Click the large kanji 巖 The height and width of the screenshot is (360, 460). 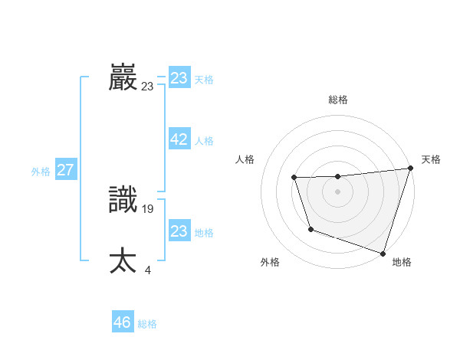click(x=123, y=77)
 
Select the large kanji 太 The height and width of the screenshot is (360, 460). click(x=123, y=260)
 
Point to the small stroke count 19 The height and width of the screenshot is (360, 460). click(x=148, y=208)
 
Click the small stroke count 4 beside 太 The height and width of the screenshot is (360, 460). click(x=147, y=269)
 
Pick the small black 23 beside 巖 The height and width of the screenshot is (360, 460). click(x=147, y=87)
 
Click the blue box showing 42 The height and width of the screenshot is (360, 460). click(x=179, y=139)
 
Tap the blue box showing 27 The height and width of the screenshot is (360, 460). click(x=65, y=170)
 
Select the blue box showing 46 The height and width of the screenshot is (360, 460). click(x=122, y=322)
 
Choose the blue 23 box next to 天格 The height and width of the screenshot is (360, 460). click(x=179, y=78)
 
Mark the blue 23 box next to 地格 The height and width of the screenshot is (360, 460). click(x=179, y=231)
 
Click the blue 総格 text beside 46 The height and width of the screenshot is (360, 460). click(x=147, y=324)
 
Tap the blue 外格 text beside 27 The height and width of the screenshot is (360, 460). click(x=41, y=172)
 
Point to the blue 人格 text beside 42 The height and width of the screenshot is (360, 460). click(x=204, y=141)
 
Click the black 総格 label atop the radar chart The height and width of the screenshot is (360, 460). click(x=337, y=100)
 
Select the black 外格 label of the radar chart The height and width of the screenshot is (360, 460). click(x=270, y=262)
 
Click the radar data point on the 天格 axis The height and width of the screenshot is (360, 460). click(x=409, y=169)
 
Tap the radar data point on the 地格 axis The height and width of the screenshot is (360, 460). click(x=382, y=252)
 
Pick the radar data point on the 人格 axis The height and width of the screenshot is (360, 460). click(x=294, y=178)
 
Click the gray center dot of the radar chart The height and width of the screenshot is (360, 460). click(x=337, y=191)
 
